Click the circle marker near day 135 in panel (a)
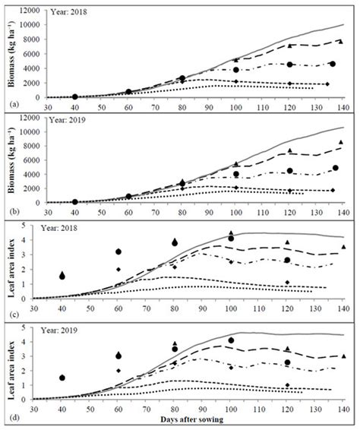(332, 64)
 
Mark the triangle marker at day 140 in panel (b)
(341, 142)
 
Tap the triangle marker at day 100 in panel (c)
(231, 233)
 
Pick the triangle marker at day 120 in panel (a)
(287, 45)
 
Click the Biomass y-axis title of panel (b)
(11, 160)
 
